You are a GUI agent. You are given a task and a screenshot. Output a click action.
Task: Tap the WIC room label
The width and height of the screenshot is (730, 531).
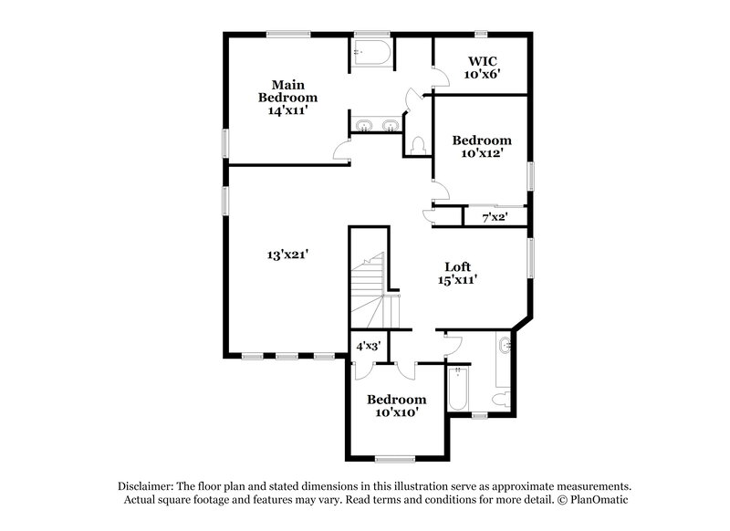pyautogui.click(x=481, y=60)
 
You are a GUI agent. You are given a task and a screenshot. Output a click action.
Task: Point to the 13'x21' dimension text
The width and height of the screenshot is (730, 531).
pyautogui.click(x=287, y=256)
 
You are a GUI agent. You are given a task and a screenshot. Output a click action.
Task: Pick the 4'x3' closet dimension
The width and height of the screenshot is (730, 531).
pyautogui.click(x=369, y=346)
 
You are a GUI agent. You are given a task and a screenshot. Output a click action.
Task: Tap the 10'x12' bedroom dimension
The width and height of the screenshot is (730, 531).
pyautogui.click(x=482, y=154)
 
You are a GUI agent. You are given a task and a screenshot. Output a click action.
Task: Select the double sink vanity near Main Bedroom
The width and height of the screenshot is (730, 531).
pyautogui.click(x=375, y=125)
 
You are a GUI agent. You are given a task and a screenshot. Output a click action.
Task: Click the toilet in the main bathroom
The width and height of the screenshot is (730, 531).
pyautogui.click(x=419, y=146)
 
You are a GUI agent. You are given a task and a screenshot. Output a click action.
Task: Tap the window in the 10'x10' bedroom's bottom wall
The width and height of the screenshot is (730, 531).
pyautogui.click(x=395, y=458)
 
